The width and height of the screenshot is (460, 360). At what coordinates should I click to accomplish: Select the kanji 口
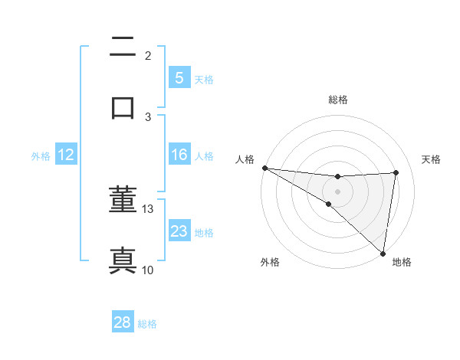(123, 106)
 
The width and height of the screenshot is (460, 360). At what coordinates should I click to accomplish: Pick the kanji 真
(123, 260)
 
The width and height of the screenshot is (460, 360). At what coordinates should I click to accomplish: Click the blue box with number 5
(179, 77)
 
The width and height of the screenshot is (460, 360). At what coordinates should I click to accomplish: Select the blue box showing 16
(179, 155)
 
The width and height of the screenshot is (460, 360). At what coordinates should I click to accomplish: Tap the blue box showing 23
(179, 231)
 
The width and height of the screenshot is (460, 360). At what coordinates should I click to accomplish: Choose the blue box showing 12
(66, 155)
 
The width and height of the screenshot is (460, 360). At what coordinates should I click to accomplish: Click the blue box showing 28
(123, 322)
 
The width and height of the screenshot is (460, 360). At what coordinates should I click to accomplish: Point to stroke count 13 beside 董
(148, 208)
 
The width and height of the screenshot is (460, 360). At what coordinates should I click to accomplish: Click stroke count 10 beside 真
(148, 270)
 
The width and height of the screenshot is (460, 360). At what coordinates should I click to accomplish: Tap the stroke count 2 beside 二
(148, 55)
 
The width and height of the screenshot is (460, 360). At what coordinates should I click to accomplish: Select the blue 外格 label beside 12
(41, 155)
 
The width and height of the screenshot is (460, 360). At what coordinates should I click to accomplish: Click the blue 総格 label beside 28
(147, 323)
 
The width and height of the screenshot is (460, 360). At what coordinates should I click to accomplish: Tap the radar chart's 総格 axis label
(338, 100)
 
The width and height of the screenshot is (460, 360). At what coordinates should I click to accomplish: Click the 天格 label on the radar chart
(431, 159)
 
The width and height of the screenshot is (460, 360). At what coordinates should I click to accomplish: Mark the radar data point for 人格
(264, 168)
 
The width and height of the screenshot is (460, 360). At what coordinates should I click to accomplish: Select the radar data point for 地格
(383, 253)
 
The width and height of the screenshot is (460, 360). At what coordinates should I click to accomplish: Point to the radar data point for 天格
(396, 172)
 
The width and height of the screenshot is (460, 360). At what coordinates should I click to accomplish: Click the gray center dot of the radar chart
(337, 191)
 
